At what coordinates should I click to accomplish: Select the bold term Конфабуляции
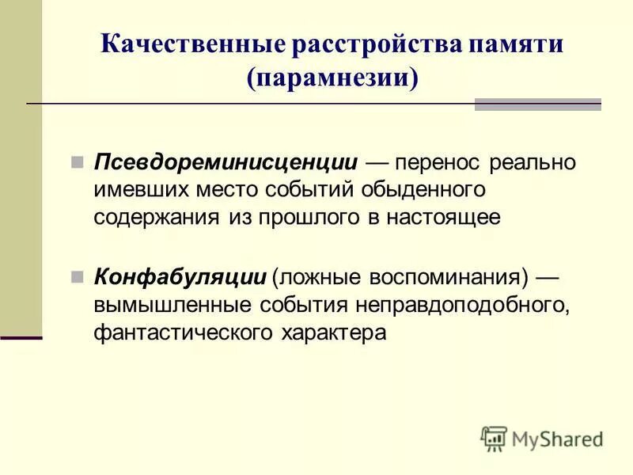click(x=180, y=277)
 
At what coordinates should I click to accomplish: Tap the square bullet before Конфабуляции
click(x=78, y=276)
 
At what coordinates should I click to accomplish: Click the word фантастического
click(x=184, y=332)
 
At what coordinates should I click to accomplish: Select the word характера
click(x=335, y=332)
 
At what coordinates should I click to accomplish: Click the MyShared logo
click(x=541, y=438)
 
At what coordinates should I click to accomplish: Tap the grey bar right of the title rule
click(x=537, y=104)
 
